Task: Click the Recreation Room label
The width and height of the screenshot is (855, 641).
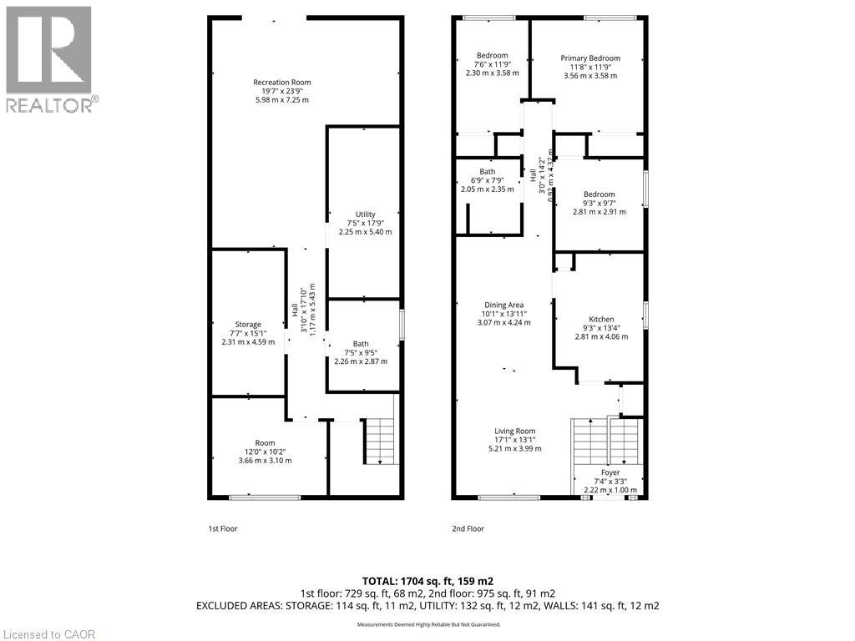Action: pos(282,82)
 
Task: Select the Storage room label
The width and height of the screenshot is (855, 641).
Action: pos(248,324)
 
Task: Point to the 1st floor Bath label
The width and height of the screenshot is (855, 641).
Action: pos(361,343)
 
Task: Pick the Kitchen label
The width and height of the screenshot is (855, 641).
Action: pos(601,319)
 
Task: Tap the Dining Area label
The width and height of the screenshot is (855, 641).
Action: pos(503,305)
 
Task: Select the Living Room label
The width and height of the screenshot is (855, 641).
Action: pos(514,431)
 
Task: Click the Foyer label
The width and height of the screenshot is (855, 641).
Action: pos(610,472)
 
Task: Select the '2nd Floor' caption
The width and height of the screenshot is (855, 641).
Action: pos(468,528)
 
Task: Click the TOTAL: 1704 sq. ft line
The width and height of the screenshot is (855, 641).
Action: pos(427,581)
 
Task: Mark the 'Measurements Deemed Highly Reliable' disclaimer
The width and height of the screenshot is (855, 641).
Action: pos(428,625)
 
